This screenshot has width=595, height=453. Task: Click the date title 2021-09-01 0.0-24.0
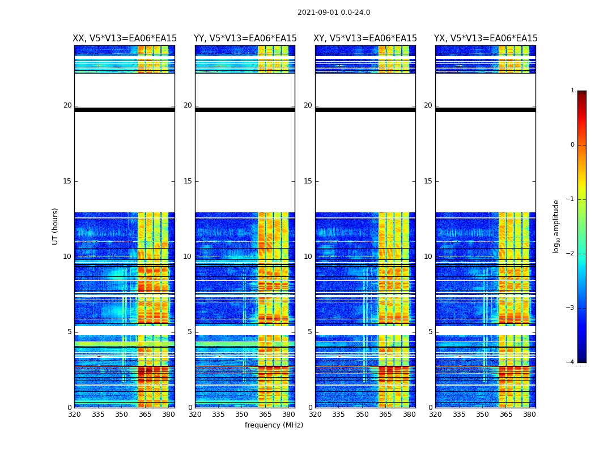(x=334, y=12)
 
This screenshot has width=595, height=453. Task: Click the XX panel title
(x=125, y=39)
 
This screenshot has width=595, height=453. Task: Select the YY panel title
(x=245, y=39)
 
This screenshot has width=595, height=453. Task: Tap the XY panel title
(x=365, y=39)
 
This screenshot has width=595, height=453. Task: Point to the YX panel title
(x=486, y=39)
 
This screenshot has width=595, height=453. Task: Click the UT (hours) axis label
(x=56, y=226)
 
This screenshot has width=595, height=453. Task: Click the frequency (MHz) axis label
(x=274, y=425)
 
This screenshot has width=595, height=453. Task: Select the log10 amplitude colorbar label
(x=556, y=226)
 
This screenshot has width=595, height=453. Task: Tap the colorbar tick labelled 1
(x=572, y=91)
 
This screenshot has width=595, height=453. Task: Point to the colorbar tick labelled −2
(x=571, y=254)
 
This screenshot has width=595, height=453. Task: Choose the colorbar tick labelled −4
(x=571, y=362)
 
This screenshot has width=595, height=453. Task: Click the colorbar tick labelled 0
(x=572, y=145)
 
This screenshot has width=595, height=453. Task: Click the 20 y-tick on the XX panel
(x=67, y=105)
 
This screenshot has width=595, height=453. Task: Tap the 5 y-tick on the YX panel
(x=430, y=332)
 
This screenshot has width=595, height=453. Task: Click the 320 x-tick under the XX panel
(x=74, y=414)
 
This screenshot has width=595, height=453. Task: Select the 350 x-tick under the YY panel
(x=242, y=414)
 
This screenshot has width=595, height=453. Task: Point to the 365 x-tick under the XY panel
(x=386, y=414)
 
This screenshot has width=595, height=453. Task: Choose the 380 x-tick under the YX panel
(x=529, y=414)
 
